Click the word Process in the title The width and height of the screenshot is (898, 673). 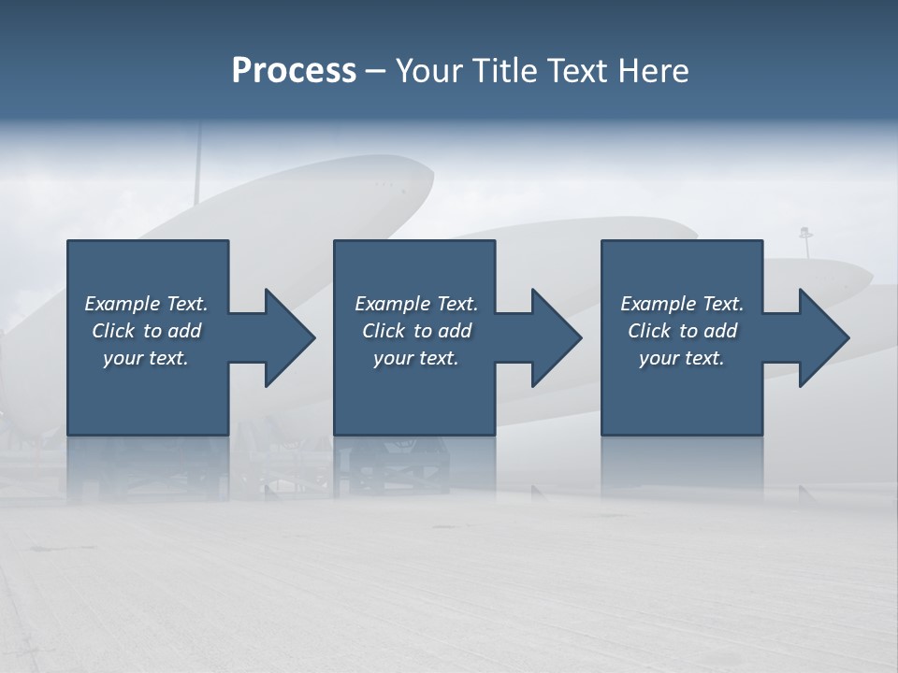click(294, 71)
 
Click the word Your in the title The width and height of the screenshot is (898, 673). click(428, 71)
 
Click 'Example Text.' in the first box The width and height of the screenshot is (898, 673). click(146, 304)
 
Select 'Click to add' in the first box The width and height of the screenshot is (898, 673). click(147, 331)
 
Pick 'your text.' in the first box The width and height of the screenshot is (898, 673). click(146, 358)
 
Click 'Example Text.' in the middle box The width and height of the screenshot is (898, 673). click(416, 304)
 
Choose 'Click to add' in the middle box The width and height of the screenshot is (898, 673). click(416, 331)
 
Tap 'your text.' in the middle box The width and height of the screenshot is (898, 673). click(416, 358)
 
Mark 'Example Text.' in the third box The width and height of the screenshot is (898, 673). click(682, 304)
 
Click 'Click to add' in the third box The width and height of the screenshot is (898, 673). click(683, 331)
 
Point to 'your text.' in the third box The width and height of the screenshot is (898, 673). click(682, 358)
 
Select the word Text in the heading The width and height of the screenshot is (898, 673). click(576, 71)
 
